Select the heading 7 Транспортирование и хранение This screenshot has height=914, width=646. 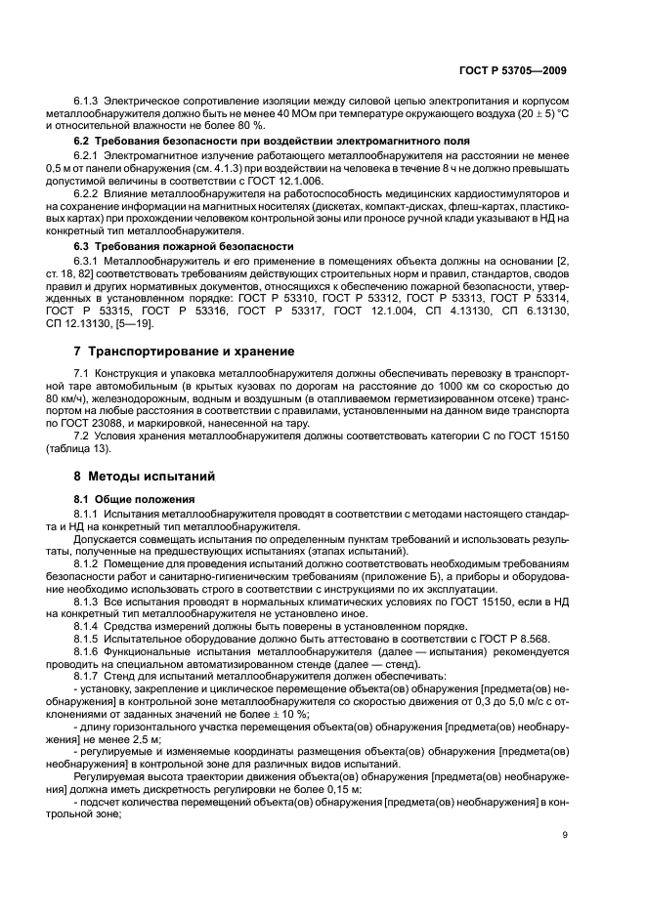pos(179,350)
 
